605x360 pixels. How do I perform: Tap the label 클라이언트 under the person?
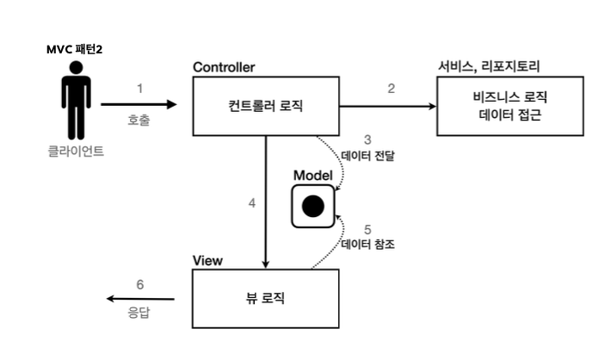click(x=76, y=155)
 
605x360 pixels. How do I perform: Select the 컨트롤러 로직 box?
click(x=265, y=106)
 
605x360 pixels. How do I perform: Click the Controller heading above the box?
click(x=224, y=67)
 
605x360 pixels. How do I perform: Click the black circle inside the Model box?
click(x=312, y=207)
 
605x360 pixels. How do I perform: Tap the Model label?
click(x=312, y=176)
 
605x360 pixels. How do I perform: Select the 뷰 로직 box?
click(x=265, y=299)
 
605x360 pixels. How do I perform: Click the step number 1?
click(x=139, y=88)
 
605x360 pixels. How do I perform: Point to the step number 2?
click(x=391, y=88)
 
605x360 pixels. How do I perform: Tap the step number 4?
click(x=251, y=204)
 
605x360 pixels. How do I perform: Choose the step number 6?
click(x=139, y=284)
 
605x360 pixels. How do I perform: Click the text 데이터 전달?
click(x=367, y=156)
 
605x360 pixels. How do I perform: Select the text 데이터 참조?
click(x=367, y=245)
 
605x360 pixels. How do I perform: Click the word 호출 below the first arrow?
click(x=139, y=121)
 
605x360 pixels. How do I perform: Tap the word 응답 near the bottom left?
click(x=139, y=313)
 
